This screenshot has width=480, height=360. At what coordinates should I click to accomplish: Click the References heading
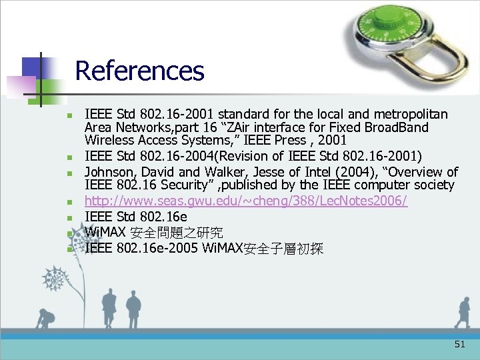(139, 71)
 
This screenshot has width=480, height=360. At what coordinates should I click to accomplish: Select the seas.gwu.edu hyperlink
(246, 201)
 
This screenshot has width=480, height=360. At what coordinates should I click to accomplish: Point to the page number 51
(459, 344)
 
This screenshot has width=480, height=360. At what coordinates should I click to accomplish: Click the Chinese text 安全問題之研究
(177, 233)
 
